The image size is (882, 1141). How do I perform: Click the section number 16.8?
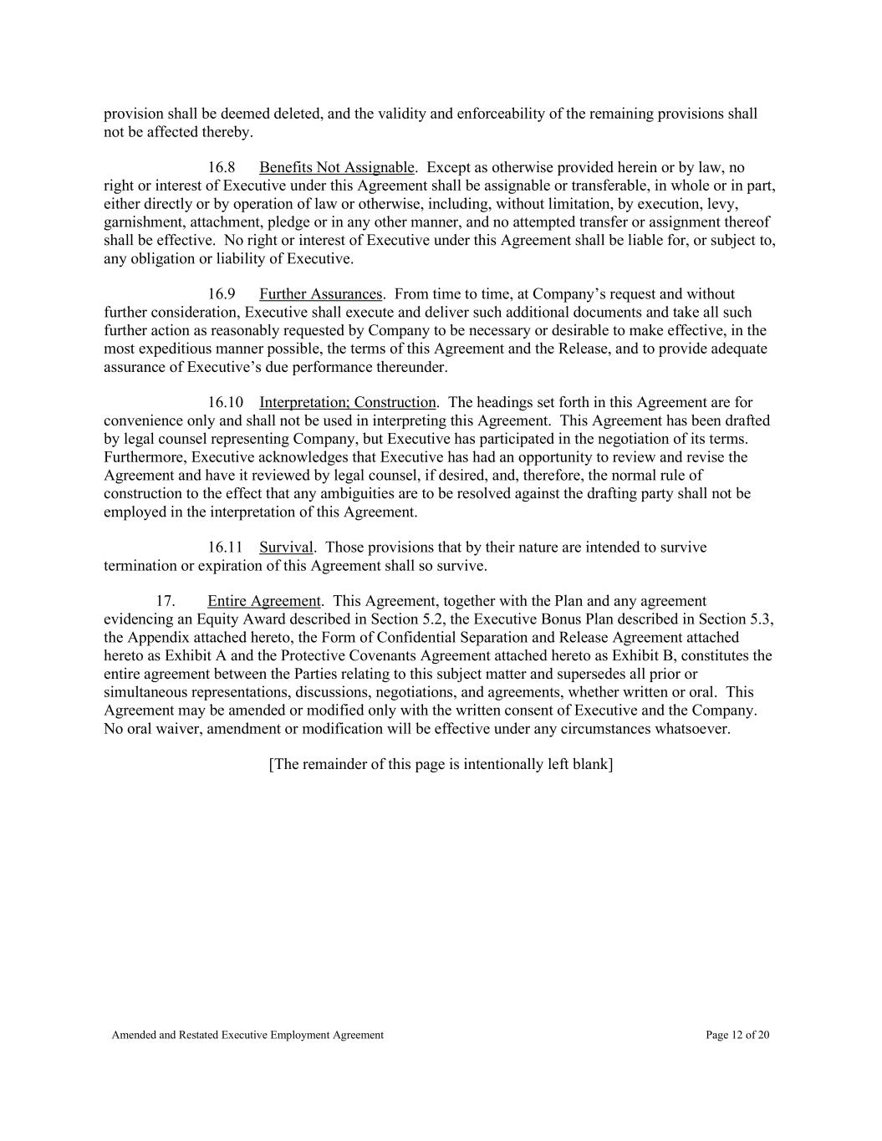(x=222, y=168)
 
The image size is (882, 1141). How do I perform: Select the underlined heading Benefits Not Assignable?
(x=336, y=168)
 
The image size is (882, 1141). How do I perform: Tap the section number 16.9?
(x=222, y=294)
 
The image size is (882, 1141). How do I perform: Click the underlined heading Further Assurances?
(x=320, y=294)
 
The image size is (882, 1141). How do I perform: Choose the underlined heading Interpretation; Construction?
(x=347, y=403)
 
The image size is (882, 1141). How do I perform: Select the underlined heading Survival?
(x=286, y=548)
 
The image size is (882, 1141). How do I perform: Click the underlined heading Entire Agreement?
(x=263, y=601)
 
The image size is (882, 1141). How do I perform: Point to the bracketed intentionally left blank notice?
(x=441, y=764)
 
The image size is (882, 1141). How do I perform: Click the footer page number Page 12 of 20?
(x=737, y=1035)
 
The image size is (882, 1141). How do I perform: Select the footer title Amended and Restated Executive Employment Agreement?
(x=247, y=1035)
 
